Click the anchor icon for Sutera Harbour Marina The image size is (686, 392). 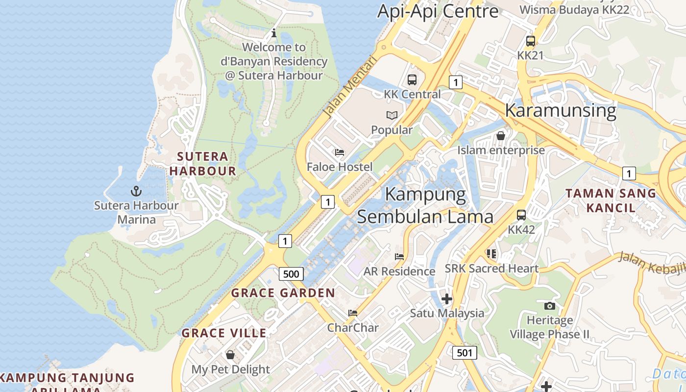point(136,191)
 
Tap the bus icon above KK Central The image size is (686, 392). point(412,79)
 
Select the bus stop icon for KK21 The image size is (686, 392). point(531,41)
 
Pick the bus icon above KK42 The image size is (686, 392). point(521,215)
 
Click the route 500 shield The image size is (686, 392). point(291,273)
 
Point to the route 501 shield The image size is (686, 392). point(464,352)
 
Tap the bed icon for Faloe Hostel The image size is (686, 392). point(340,152)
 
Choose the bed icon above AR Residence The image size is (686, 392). point(399,256)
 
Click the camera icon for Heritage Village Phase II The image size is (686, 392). point(550,306)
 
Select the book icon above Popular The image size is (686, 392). point(392,116)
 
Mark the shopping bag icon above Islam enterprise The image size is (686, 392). point(501,136)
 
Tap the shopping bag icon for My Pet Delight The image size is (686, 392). point(230,355)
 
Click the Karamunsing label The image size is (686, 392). point(560,110)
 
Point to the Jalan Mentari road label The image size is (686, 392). point(351,87)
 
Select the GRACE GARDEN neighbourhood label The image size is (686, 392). point(283,293)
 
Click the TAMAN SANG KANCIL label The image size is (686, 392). point(611,200)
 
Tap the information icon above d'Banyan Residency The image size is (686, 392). point(274,33)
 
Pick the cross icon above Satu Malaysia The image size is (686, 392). point(446,298)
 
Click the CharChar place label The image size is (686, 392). point(353,327)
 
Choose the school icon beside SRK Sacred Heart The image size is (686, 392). point(491,254)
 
